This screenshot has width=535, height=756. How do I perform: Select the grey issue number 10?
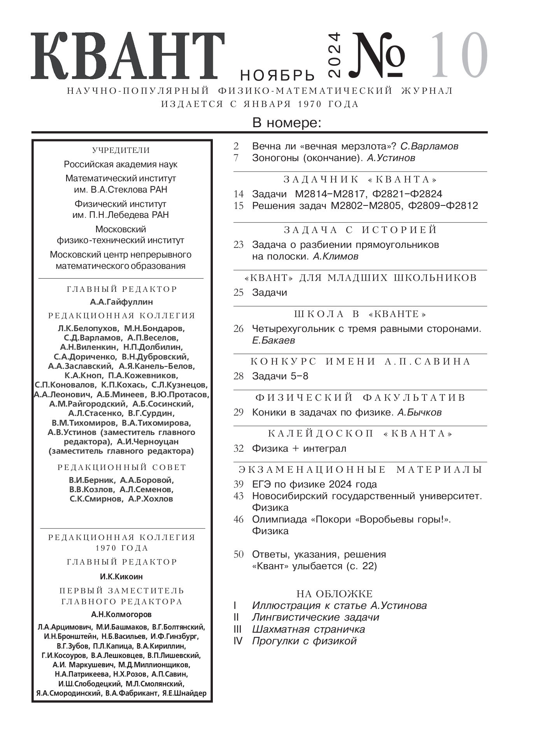pos(459,55)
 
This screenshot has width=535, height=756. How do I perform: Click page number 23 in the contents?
pos(239,245)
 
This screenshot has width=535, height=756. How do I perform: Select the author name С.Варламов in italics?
pos(429,146)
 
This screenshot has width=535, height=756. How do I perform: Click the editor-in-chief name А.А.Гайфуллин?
pos(121,302)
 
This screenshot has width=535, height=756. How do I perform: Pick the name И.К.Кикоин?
pos(121,576)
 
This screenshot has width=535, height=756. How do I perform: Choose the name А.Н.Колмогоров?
pos(121,614)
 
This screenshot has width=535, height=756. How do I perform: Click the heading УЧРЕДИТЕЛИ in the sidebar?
pos(121,151)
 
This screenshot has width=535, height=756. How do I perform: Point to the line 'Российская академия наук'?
pos(121,164)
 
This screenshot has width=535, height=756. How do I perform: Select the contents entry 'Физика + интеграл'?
pos(299,449)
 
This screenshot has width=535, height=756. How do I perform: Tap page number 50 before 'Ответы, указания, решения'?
pos(239,554)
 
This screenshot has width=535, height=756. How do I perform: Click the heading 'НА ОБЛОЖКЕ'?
pos(334,594)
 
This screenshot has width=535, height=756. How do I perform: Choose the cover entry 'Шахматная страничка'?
pos(308,629)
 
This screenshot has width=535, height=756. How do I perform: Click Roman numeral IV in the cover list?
pos(238,641)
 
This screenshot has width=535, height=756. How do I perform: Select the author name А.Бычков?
pos(419,412)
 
